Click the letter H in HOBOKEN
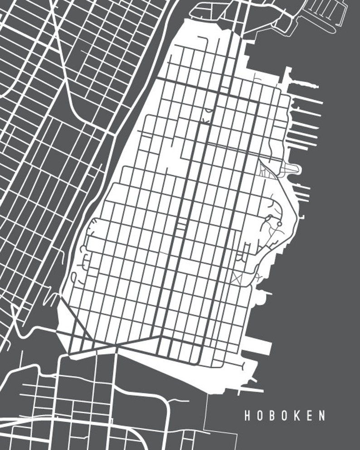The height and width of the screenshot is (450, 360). coord(248,416)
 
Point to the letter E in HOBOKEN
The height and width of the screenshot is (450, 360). coord(310,416)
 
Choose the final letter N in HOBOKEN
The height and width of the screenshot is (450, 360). coord(322,416)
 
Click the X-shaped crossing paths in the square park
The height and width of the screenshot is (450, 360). coord(236,278)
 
